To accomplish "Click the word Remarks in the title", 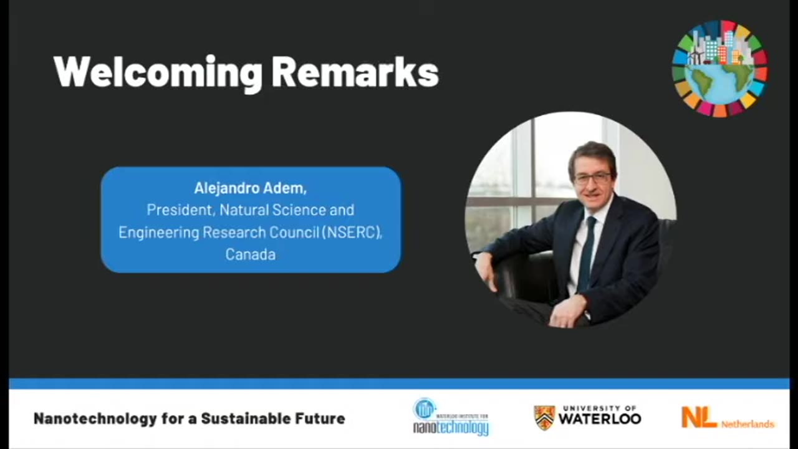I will click(x=355, y=72).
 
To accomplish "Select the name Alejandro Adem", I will click(x=250, y=188).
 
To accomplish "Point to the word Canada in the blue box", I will click(x=250, y=254).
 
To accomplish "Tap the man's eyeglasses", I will click(x=592, y=178).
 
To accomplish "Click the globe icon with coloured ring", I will click(x=720, y=69).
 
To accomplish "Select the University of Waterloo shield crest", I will click(x=544, y=417).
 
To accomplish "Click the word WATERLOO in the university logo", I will click(x=599, y=419).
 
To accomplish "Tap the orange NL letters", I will click(x=699, y=417).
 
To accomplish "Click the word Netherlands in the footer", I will click(x=748, y=424).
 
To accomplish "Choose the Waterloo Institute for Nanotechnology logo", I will click(x=451, y=417).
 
